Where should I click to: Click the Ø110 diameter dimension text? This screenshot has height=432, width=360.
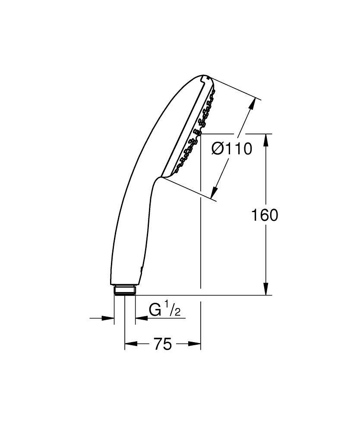point(231,149)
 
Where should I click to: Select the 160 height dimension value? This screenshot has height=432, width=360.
point(265,215)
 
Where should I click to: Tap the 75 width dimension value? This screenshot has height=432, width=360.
point(162,344)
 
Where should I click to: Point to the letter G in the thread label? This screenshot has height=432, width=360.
point(155,311)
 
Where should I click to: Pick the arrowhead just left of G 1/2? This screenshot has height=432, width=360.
point(141,319)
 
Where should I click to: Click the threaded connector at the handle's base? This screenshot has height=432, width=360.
point(125,290)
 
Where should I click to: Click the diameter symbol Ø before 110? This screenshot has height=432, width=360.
point(218,149)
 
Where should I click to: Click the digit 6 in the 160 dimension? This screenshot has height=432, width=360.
point(265,215)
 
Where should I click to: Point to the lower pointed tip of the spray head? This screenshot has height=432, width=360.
point(163,177)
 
